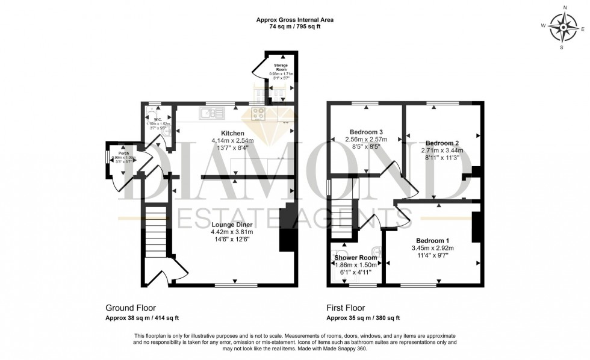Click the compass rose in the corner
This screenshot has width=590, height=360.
click(x=564, y=26)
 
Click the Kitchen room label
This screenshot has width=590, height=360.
click(x=232, y=133)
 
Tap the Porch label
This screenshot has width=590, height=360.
click(x=123, y=152)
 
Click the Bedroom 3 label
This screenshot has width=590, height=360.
click(x=367, y=132)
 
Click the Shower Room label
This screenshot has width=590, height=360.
click(x=355, y=257)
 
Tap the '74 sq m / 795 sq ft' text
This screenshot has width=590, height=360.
click(x=294, y=27)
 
